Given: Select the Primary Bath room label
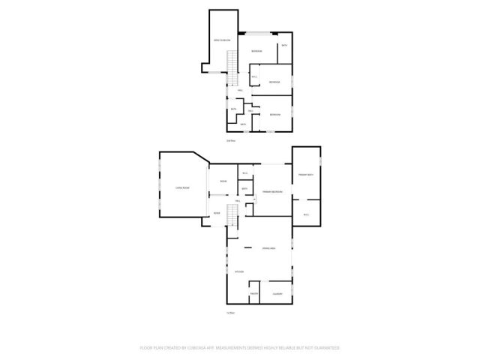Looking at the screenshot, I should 305,174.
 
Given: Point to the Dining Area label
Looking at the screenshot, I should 267,248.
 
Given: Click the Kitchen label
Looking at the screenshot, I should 239,271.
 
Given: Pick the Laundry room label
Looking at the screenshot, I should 277,294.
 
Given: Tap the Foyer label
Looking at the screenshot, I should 217,214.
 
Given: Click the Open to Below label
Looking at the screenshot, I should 220,41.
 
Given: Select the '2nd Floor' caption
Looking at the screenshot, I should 231,140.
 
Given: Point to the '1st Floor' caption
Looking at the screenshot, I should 231,313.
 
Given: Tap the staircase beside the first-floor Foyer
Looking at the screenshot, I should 232,217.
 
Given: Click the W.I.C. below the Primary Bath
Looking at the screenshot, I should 306,215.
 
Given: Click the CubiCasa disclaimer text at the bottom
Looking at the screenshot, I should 240,348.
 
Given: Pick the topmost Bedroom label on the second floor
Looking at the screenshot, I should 256,50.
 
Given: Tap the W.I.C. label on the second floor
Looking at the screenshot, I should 254,76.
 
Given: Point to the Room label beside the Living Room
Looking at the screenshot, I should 223,182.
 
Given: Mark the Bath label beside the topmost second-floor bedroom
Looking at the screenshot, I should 284,46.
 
